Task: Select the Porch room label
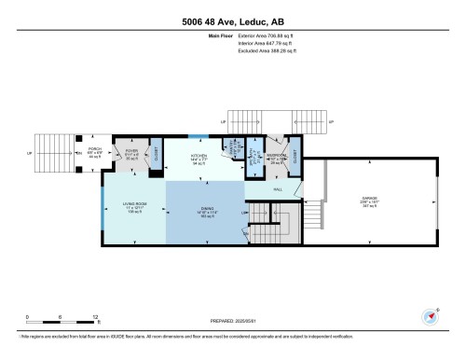(x=93, y=151)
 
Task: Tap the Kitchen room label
(x=199, y=156)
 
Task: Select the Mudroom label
(x=276, y=156)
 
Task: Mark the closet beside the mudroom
(x=295, y=155)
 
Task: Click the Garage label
(x=368, y=199)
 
